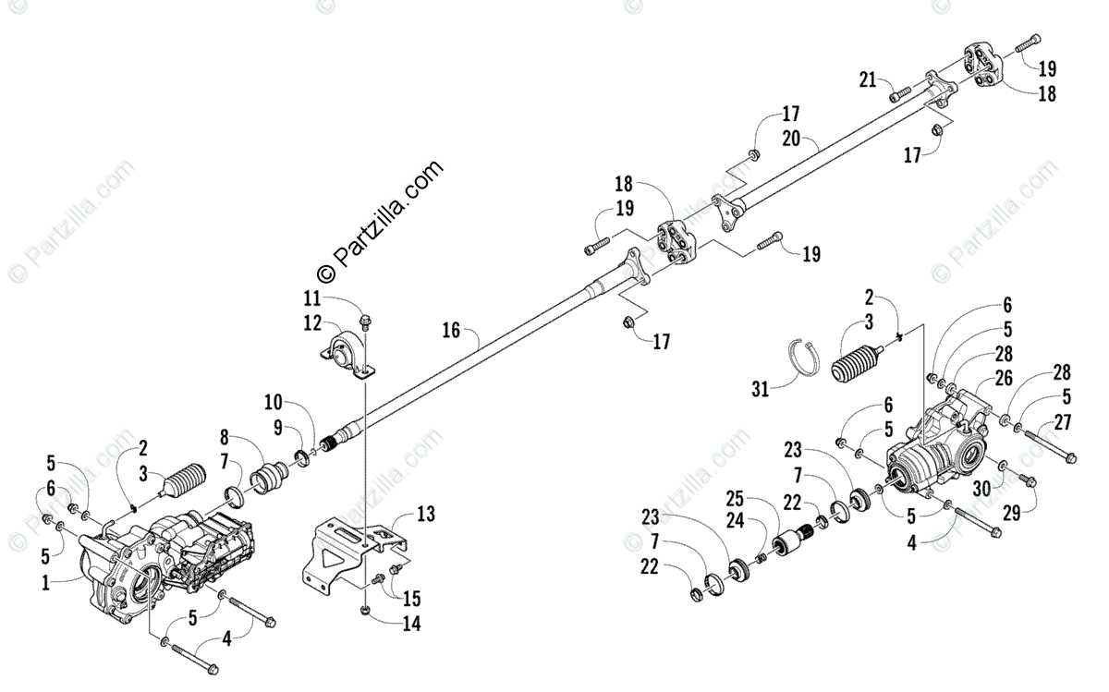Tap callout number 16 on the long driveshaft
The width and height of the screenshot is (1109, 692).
point(451,330)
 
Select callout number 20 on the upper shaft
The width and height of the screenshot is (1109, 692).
point(790,140)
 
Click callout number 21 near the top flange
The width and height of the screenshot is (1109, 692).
point(867,79)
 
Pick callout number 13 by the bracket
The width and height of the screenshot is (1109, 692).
point(425,514)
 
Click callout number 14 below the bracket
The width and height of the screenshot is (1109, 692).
point(411,625)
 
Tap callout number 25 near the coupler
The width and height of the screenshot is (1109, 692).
point(735,498)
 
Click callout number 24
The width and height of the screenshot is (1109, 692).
point(735,521)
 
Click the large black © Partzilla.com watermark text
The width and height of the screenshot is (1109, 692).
point(380,222)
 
